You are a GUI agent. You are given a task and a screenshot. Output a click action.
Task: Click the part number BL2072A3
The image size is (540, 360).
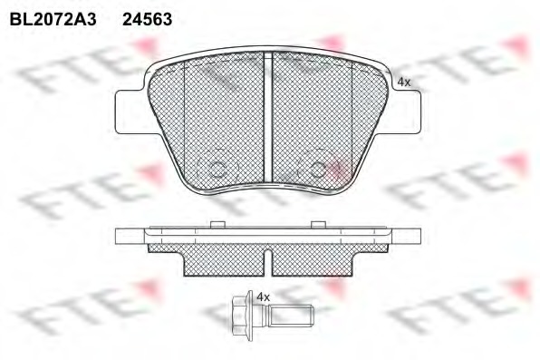point(53,19)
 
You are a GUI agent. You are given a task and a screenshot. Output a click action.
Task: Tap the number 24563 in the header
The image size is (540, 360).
point(148,19)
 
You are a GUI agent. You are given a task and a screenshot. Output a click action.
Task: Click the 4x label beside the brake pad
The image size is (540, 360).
point(404,83)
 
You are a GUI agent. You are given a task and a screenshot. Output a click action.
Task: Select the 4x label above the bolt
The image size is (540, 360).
point(264,297)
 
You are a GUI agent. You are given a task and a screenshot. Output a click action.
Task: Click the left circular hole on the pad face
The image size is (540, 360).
point(217,169)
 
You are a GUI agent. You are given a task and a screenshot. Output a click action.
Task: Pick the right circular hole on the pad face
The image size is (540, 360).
point(317,169)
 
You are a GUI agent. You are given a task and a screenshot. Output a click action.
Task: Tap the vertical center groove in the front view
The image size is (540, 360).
point(268,117)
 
